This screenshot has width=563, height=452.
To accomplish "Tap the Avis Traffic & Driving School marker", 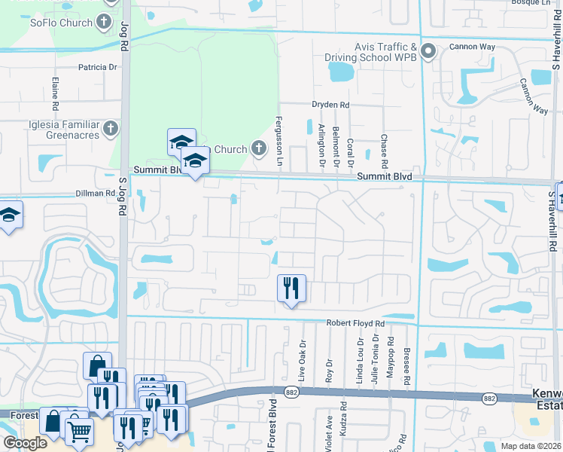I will tap(428, 52).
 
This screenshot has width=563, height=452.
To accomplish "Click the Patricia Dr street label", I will tap(99, 67).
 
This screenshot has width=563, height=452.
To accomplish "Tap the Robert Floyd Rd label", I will tap(355, 323).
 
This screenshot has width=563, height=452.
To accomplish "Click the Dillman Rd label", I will tap(95, 194).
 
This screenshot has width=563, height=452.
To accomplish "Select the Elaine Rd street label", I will tap(55, 92).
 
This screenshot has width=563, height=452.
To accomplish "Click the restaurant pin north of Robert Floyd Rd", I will tap(291, 288).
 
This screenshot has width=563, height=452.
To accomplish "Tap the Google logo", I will tap(25, 444).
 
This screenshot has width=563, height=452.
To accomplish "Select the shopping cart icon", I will tap(78, 432).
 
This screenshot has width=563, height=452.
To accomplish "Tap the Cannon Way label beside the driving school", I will tap(472, 47).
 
